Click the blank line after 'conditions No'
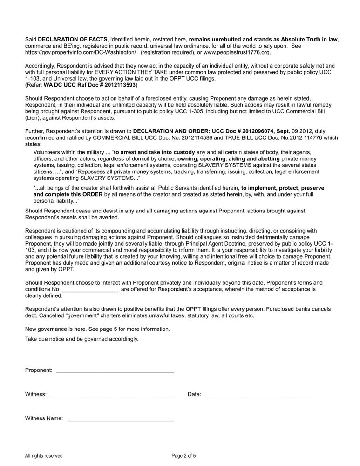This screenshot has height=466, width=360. [90, 289]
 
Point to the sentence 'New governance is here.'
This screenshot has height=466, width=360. [55, 329]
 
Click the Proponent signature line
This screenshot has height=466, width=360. [115, 372]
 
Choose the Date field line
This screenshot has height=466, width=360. [261, 396]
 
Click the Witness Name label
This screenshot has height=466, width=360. [44, 418]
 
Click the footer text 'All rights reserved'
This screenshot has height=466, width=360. [44, 456]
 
